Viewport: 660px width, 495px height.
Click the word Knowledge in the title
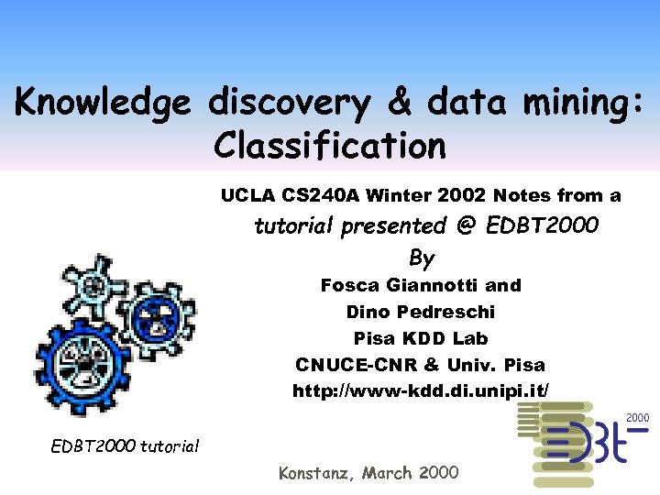pyautogui.click(x=102, y=102)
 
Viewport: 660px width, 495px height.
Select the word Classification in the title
pyautogui.click(x=330, y=144)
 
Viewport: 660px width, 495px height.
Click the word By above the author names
pyautogui.click(x=422, y=258)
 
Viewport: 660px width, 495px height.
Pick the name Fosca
pyautogui.click(x=352, y=285)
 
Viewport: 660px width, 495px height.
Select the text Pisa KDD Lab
pyautogui.click(x=421, y=337)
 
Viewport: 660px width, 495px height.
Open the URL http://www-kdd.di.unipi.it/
pyautogui.click(x=421, y=390)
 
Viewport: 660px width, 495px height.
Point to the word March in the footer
pyautogui.click(x=388, y=473)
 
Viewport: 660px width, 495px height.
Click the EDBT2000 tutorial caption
pyautogui.click(x=125, y=446)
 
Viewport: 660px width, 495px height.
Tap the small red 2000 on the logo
pyautogui.click(x=637, y=418)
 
